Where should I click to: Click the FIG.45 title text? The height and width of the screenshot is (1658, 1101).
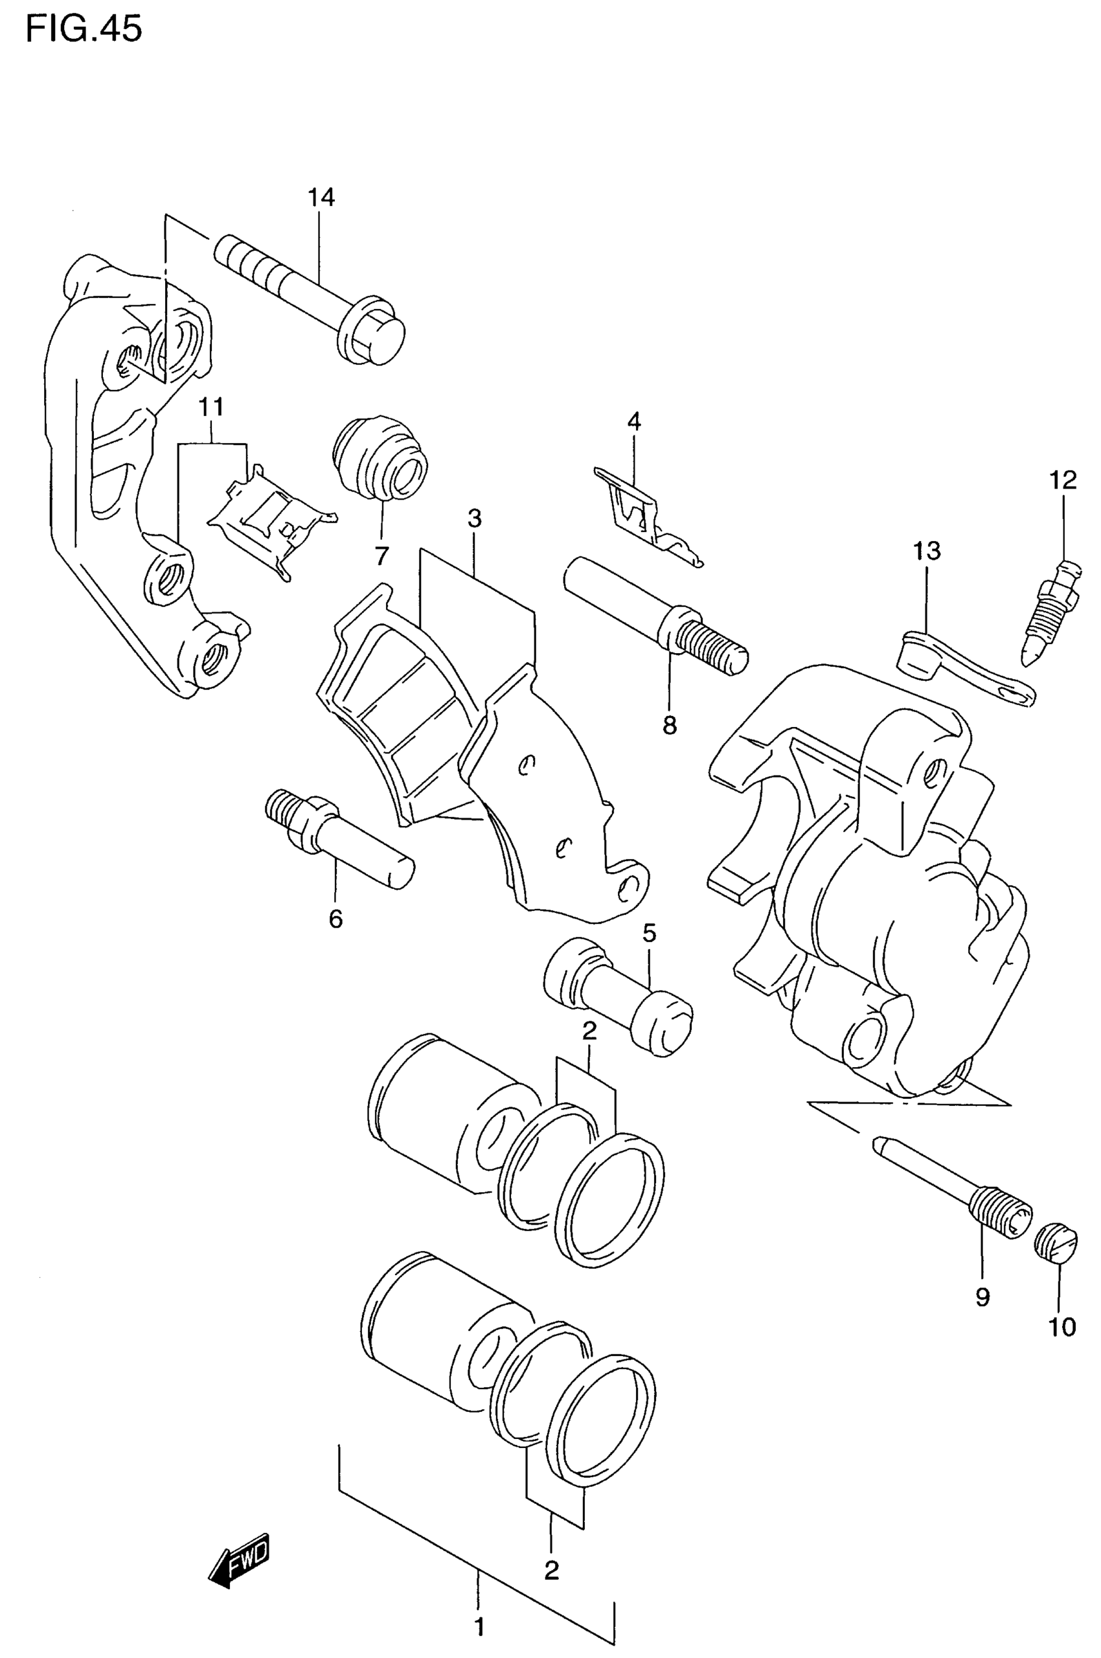click(x=84, y=30)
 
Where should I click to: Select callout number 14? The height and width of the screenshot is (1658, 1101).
click(x=321, y=198)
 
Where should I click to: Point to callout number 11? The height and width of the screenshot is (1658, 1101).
click(x=211, y=407)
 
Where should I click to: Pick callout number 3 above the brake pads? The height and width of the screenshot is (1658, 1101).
click(x=475, y=519)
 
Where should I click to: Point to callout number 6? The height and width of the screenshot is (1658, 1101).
click(x=335, y=918)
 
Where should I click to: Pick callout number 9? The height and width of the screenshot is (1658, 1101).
click(x=982, y=1296)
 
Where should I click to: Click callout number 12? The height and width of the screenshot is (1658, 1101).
click(x=1063, y=480)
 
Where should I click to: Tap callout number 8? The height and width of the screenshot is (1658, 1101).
click(x=669, y=725)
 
